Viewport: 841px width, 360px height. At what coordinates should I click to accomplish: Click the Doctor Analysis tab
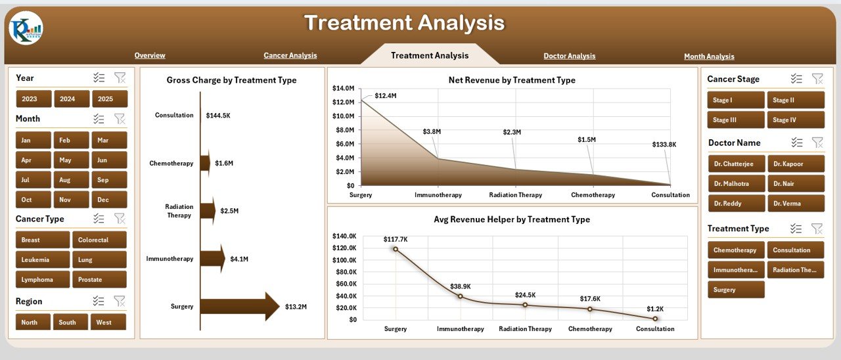click(x=569, y=56)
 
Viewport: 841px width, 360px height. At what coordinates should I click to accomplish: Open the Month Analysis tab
click(x=709, y=56)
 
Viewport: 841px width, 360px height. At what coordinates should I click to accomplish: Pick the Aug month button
click(x=65, y=180)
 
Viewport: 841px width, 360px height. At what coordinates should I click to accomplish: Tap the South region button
click(x=68, y=323)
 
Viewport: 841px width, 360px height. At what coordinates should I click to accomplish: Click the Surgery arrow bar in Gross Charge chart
click(x=240, y=307)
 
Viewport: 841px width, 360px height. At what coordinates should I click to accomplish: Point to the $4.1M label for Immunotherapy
click(x=239, y=259)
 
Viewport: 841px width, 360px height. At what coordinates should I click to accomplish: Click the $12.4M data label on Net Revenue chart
click(x=386, y=96)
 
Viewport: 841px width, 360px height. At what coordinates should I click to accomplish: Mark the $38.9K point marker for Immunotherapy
click(x=460, y=296)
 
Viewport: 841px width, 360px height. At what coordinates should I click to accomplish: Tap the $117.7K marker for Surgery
click(x=396, y=249)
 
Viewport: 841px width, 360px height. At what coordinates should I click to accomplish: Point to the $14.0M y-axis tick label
click(x=344, y=88)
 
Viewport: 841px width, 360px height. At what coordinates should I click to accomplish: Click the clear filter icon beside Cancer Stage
click(x=817, y=79)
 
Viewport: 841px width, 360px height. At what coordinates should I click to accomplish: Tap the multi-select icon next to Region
click(x=99, y=301)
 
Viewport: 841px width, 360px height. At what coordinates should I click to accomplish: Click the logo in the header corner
click(x=26, y=28)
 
